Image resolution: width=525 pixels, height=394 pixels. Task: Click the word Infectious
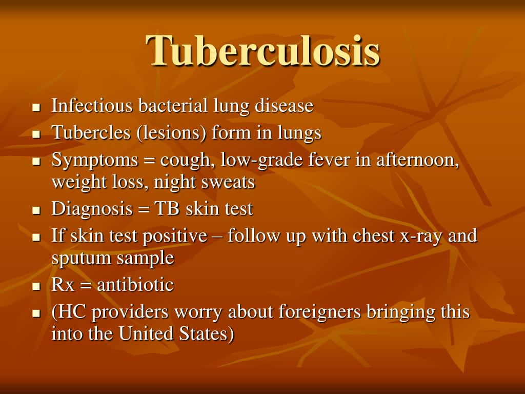(86, 106)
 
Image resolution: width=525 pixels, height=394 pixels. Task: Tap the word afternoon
(417, 160)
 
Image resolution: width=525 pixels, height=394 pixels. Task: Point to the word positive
(175, 236)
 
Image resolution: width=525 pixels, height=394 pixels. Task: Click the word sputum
(81, 258)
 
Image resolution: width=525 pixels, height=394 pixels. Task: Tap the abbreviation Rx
(63, 285)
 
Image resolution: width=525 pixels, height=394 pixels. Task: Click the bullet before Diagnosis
(36, 210)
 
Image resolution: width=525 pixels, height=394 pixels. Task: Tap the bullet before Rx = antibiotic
(36, 286)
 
